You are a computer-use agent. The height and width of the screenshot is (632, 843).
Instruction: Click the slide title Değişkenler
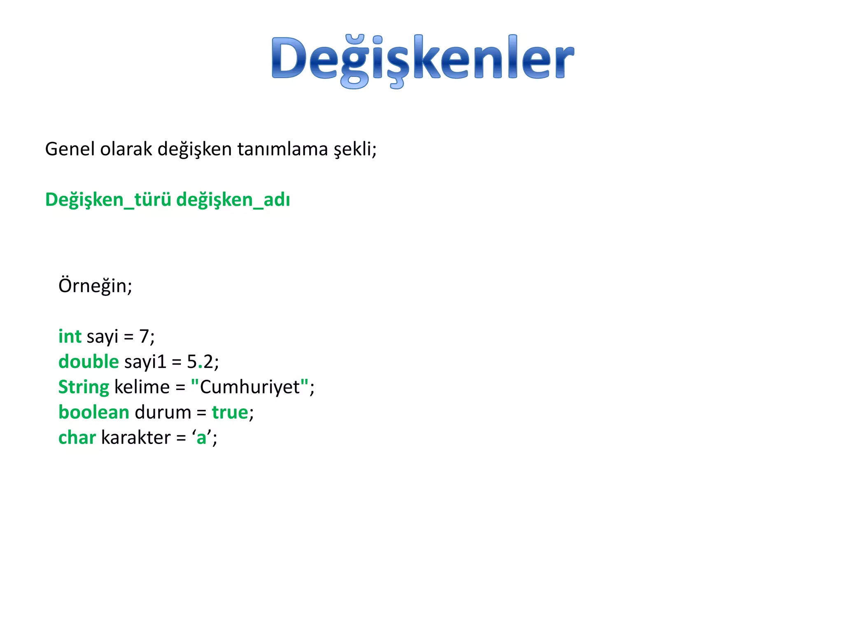(422, 60)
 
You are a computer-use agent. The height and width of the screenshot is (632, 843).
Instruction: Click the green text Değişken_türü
(108, 200)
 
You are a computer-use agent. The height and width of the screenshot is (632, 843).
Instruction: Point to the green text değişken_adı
(233, 200)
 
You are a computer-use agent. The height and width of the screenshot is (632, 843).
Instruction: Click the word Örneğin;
(95, 286)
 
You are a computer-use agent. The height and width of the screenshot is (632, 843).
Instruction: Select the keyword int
(70, 336)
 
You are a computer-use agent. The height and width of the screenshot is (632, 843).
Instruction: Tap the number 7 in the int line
(144, 337)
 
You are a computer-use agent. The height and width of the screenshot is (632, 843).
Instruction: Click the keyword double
(88, 362)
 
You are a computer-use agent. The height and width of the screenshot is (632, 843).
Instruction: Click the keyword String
(84, 387)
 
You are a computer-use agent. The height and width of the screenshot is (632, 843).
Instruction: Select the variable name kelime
(142, 387)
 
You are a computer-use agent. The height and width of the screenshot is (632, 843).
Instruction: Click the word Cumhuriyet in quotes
(249, 387)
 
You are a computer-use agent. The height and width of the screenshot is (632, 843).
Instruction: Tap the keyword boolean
(94, 412)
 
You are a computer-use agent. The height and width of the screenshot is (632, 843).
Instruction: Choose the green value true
(230, 412)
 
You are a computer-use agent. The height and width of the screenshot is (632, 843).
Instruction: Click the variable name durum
(163, 412)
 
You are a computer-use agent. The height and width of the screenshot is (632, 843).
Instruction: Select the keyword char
(77, 437)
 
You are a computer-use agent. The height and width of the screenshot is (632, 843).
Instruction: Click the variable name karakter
(136, 437)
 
